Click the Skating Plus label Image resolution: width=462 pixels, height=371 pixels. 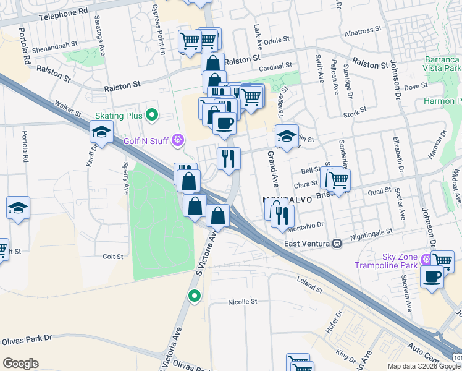(119, 116)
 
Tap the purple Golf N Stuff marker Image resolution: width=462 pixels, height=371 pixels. (178, 141)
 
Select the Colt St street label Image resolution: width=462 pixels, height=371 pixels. (113, 256)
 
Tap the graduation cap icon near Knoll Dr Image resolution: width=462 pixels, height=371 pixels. (101, 132)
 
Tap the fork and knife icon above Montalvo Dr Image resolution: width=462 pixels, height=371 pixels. (283, 216)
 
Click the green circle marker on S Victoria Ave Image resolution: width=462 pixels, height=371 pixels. (195, 296)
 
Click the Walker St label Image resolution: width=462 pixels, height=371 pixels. (67, 109)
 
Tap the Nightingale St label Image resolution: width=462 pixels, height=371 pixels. (371, 232)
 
